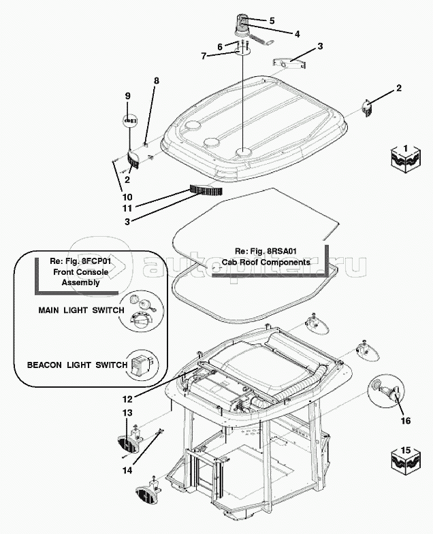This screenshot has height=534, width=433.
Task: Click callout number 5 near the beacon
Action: coord(272,20)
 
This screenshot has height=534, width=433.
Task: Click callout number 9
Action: coord(127,96)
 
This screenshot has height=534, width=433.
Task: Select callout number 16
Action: coord(405,420)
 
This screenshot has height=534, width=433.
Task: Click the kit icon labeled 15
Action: coord(404,456)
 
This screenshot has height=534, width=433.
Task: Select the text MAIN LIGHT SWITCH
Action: coord(81,311)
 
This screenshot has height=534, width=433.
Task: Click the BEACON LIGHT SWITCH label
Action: coord(77,365)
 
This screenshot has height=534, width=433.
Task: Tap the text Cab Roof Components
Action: coord(266,262)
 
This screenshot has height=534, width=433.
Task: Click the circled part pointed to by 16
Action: coord(379,388)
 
